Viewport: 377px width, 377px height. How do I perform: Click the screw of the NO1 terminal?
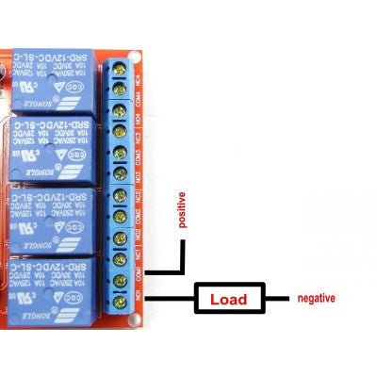[x=121, y=300]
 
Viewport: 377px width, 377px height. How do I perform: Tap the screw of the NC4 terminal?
[x=121, y=69]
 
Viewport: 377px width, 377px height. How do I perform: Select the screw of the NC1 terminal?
[x=121, y=257]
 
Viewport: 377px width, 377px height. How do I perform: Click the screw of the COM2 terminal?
[x=121, y=216]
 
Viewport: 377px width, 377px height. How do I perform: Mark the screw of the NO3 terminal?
[x=121, y=173]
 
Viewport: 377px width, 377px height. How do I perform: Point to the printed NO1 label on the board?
[x=139, y=300]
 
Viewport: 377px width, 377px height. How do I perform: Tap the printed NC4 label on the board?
[x=139, y=70]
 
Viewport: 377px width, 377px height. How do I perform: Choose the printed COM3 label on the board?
[x=139, y=153]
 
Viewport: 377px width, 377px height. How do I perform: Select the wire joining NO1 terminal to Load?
[x=160, y=300]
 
